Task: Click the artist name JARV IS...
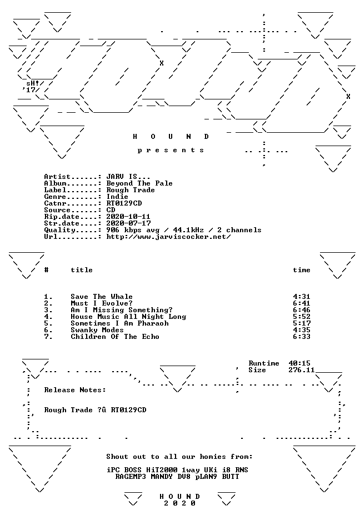coord(128,177)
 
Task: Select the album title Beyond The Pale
coord(139,183)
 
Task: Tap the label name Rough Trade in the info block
coord(131,191)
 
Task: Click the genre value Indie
coord(117,197)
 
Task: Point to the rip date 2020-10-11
coord(128,217)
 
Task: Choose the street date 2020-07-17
coord(128,223)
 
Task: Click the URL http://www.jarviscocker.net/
coord(168,237)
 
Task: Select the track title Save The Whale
coord(102,297)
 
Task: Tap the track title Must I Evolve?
coord(102,303)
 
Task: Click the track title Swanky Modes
coord(97,330)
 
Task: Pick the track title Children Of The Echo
coord(115,337)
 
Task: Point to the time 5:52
coord(302,317)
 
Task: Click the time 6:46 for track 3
coord(302,310)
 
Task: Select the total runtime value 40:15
coord(299,363)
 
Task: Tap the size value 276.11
coord(302,370)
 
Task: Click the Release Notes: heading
coord(75,390)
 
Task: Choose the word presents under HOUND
coord(171,151)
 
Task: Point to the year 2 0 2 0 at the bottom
coord(179,503)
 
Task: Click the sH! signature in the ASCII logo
coord(33,83)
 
